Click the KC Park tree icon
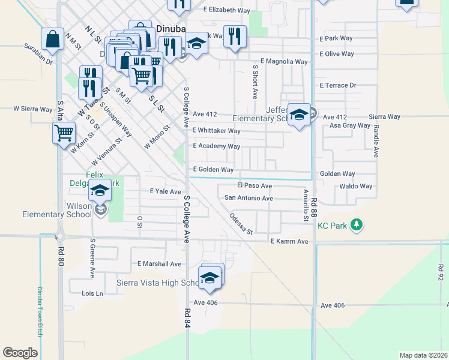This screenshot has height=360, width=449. click(357, 226)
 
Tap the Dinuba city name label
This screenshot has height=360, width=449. click(171, 28)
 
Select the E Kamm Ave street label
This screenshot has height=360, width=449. click(289, 241)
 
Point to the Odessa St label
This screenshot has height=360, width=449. click(241, 223)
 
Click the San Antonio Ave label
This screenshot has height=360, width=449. click(249, 198)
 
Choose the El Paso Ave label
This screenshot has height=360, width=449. click(255, 186)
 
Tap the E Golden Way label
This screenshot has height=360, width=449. click(213, 170)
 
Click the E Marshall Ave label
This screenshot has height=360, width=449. click(159, 264)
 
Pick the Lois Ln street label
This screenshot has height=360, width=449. click(92, 293)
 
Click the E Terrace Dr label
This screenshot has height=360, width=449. click(338, 86)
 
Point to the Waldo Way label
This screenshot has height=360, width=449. click(356, 187)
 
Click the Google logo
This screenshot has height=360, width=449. click(20, 353)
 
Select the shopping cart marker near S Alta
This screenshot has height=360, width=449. click(64, 132)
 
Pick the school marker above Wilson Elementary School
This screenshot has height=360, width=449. click(100, 190)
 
